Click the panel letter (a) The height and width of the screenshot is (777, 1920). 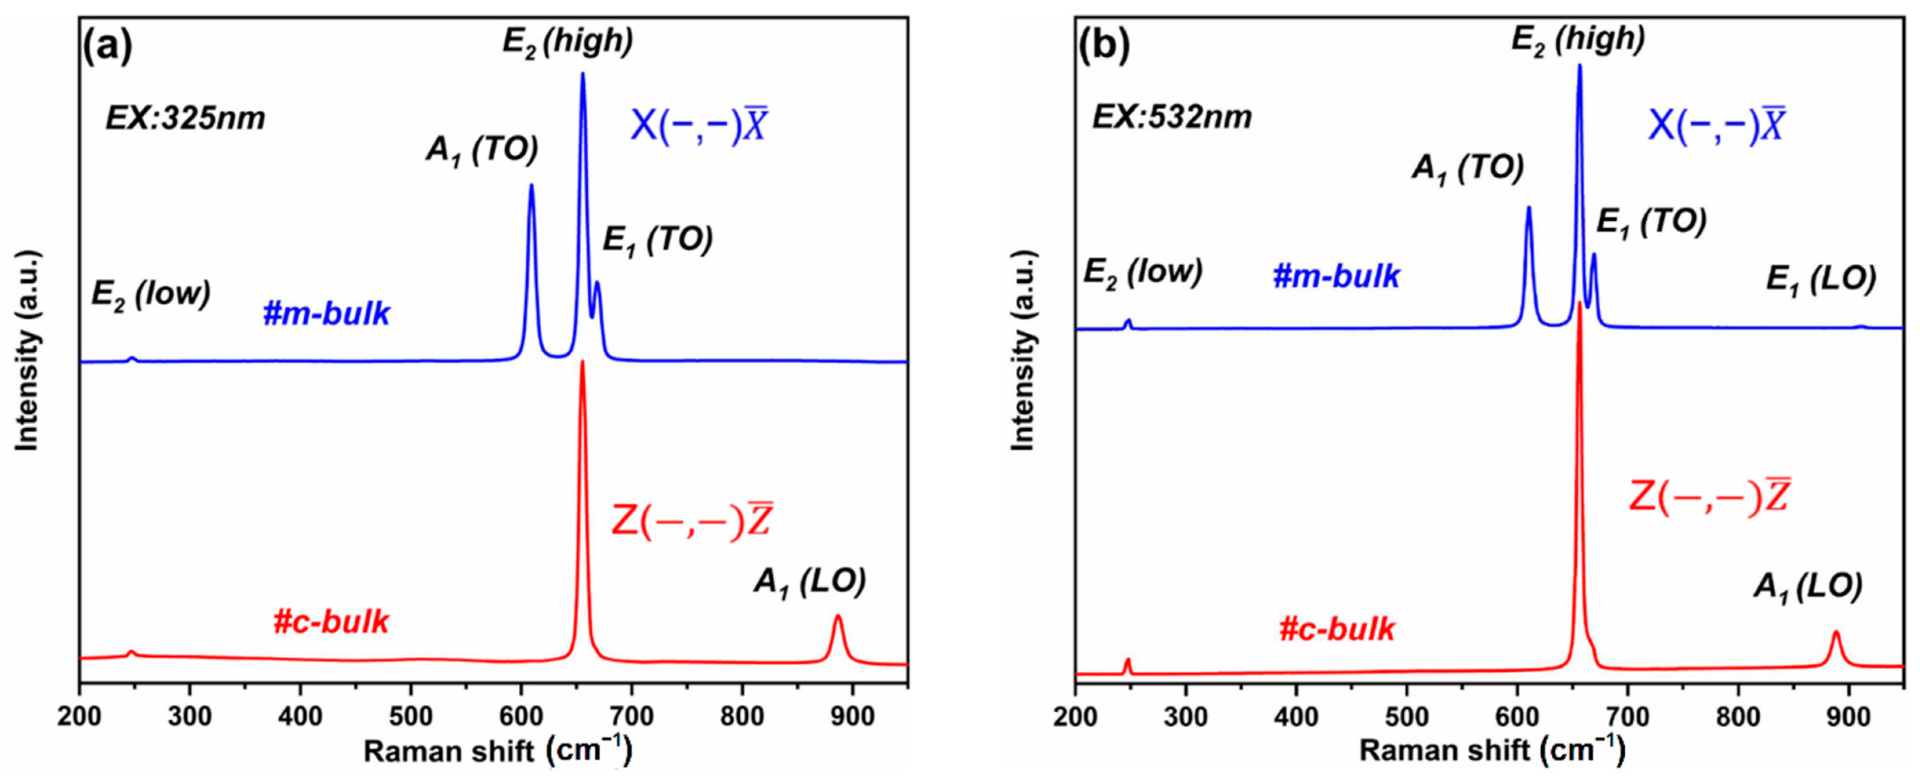(x=107, y=46)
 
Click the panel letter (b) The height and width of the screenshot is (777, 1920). (x=1104, y=46)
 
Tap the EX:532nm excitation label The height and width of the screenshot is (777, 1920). (x=1172, y=118)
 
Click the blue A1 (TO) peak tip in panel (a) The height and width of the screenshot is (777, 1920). (x=531, y=186)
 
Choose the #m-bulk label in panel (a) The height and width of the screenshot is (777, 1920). (x=326, y=314)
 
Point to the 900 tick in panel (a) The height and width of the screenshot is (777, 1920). (x=853, y=717)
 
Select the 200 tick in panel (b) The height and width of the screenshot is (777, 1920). (x=1075, y=717)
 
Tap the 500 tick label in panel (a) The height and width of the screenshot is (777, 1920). (x=411, y=717)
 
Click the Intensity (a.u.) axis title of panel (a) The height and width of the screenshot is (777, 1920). (x=27, y=350)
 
